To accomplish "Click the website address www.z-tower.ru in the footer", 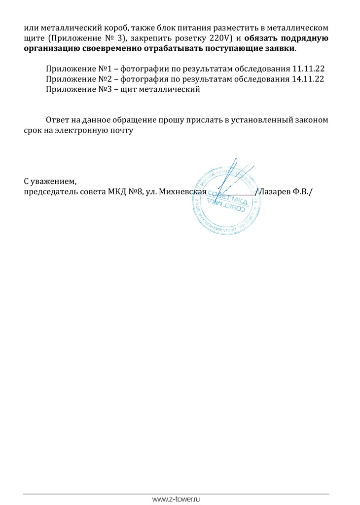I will [x=177, y=499].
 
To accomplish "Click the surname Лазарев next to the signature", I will [x=275, y=192].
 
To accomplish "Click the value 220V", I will [x=214, y=38].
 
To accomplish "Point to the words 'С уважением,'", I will [x=51, y=181].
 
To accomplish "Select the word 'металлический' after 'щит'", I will [x=171, y=90].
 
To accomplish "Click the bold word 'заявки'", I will [x=281, y=49].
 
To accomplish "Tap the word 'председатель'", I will [x=51, y=192].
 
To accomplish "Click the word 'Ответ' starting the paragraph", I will [x=58, y=120].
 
